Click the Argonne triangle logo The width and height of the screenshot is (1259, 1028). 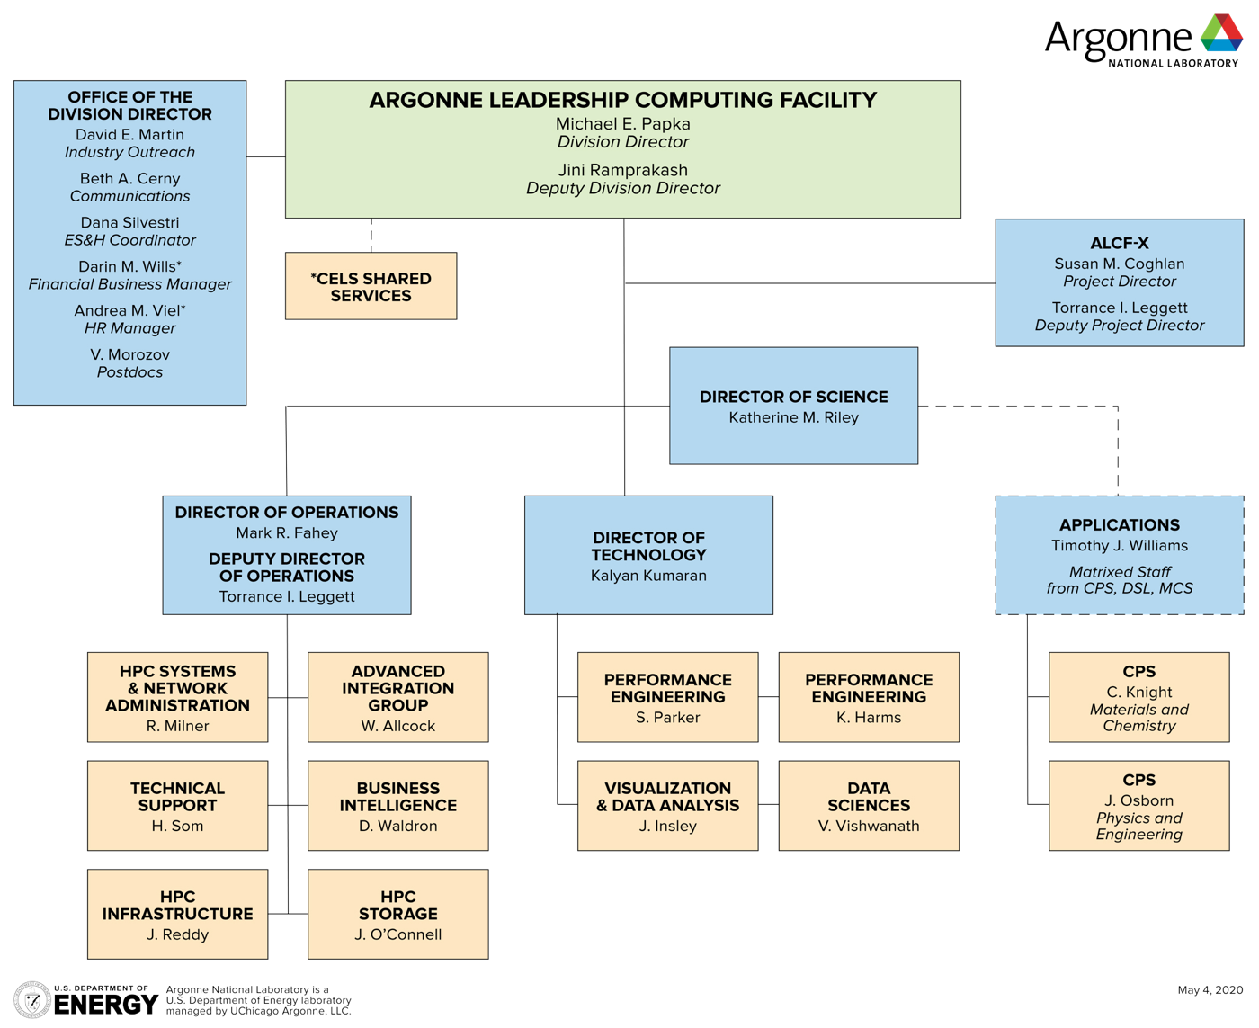[1221, 33]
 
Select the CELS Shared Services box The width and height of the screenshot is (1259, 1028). [371, 286]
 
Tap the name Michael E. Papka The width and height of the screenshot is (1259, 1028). [622, 124]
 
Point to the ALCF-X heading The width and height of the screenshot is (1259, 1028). [1119, 243]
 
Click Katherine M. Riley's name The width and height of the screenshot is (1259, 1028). [793, 417]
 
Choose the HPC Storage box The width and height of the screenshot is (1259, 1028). [397, 914]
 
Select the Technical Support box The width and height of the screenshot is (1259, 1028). [177, 805]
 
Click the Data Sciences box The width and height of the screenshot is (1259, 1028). [868, 805]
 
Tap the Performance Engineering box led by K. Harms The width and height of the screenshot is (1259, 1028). [868, 697]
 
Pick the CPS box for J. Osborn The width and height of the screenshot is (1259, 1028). [1138, 805]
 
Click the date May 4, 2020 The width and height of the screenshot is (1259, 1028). [1210, 990]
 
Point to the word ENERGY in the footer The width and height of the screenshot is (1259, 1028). [106, 1005]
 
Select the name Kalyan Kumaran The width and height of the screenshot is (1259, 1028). [648, 576]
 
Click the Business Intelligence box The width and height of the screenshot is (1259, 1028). [397, 805]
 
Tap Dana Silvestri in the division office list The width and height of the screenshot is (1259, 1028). [129, 222]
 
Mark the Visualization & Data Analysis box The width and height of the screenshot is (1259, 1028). [667, 805]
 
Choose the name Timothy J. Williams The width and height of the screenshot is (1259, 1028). [1119, 546]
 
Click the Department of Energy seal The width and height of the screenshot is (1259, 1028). [32, 1000]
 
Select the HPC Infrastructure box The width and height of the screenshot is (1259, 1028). [177, 914]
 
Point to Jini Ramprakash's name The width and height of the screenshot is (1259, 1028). [622, 170]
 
